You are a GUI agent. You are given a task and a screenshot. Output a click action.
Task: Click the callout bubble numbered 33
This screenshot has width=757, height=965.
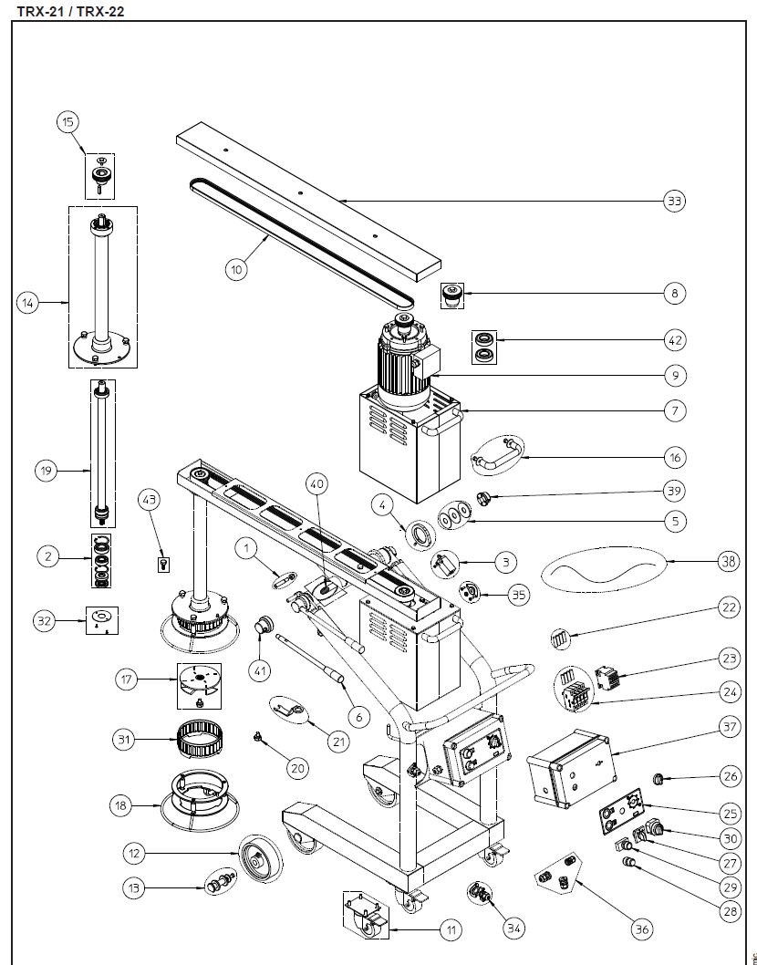point(674,201)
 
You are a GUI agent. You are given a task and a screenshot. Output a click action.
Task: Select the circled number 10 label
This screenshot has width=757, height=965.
point(236,269)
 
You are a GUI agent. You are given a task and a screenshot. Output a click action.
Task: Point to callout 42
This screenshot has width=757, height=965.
point(674,340)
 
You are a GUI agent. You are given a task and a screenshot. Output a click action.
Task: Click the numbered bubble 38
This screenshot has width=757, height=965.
point(728,562)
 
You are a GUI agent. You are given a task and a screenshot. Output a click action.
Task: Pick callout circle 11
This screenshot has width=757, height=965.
point(450,931)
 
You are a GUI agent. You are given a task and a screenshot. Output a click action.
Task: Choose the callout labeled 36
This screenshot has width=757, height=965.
point(643,929)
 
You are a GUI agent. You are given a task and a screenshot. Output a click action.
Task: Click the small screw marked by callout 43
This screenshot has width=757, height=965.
point(162,564)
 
